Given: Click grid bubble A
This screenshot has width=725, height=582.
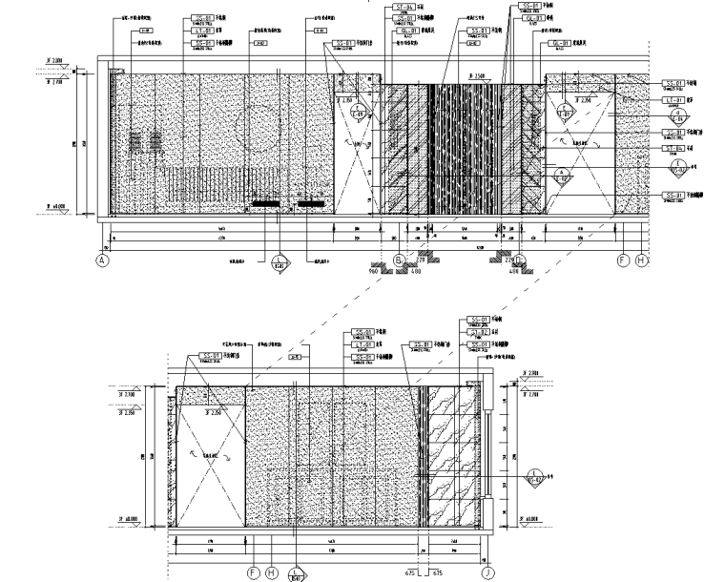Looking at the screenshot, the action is pos(102,259).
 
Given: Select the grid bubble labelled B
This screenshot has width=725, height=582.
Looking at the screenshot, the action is pos(399,259).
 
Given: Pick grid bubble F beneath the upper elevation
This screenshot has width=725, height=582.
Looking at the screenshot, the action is pos(622,259).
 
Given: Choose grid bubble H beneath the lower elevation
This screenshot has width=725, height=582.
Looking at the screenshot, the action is pos(273,572).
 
